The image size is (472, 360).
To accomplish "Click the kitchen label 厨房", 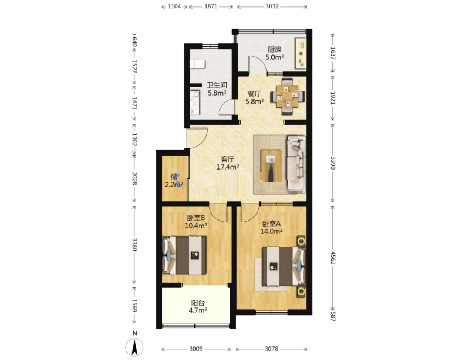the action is pyautogui.click(x=275, y=49).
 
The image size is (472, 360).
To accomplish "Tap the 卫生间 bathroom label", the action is pyautogui.click(x=217, y=85).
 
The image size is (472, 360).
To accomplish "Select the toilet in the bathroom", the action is pyautogui.click(x=197, y=64).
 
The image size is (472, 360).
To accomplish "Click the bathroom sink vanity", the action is pyautogui.click(x=195, y=103).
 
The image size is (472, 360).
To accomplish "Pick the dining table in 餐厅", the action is pyautogui.click(x=287, y=96).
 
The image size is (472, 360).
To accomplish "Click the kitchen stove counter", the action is pyautogui.click(x=300, y=53).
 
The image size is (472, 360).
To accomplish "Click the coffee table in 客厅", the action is pyautogui.click(x=271, y=166).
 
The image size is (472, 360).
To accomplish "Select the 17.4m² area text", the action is pyautogui.click(x=228, y=167).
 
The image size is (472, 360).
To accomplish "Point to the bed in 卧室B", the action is pyautogui.click(x=184, y=255).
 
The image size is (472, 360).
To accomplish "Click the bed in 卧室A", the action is pyautogui.click(x=284, y=266).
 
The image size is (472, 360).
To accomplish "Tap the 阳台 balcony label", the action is pyautogui.click(x=197, y=303).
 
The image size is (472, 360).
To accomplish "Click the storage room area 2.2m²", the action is pyautogui.click(x=174, y=185).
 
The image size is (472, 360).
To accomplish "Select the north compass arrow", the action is pyautogui.click(x=134, y=347).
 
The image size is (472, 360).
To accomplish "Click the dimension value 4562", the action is pyautogui.click(x=333, y=258).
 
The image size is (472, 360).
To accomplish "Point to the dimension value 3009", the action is pyautogui.click(x=196, y=349).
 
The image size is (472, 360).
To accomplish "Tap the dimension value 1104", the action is pyautogui.click(x=174, y=6).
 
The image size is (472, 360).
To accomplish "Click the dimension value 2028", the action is pyautogui.click(x=134, y=178).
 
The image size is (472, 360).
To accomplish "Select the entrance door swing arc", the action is pyautogui.click(x=201, y=142).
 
